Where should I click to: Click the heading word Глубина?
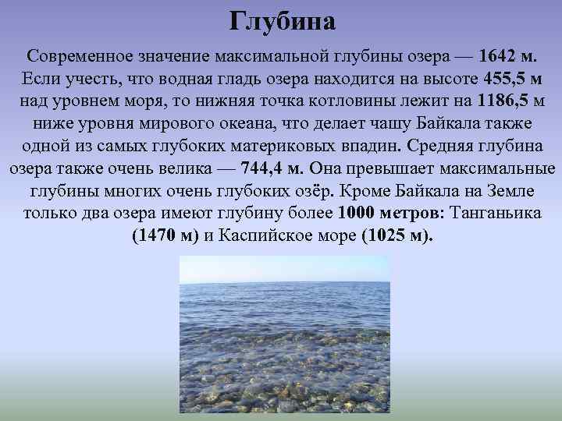[282, 21]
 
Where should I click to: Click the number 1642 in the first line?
[499, 57]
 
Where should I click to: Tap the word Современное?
[75, 57]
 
